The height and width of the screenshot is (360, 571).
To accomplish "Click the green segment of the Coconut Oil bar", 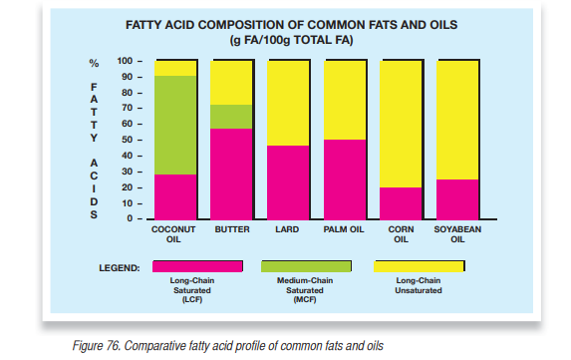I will point(174,125).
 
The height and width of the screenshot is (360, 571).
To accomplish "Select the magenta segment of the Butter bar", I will point(231,174).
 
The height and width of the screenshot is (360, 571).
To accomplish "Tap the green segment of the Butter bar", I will point(231,117).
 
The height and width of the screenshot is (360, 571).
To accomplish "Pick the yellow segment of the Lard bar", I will point(289,103).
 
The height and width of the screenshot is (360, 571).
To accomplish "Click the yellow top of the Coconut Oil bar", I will point(174,68).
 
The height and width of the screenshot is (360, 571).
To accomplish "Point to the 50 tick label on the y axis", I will point(126,140).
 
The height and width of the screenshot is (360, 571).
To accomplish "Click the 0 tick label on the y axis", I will point(129,218).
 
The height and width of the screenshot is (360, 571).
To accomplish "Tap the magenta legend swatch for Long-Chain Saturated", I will point(197,266).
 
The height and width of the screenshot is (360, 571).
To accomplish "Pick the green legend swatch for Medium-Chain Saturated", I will point(307,266).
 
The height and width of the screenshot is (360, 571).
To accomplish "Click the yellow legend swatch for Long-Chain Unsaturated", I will point(418,266).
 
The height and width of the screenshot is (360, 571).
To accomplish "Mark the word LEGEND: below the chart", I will point(120,267).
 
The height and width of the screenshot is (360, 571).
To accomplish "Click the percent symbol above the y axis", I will point(95,62).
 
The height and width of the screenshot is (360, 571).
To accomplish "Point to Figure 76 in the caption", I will point(102,345).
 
